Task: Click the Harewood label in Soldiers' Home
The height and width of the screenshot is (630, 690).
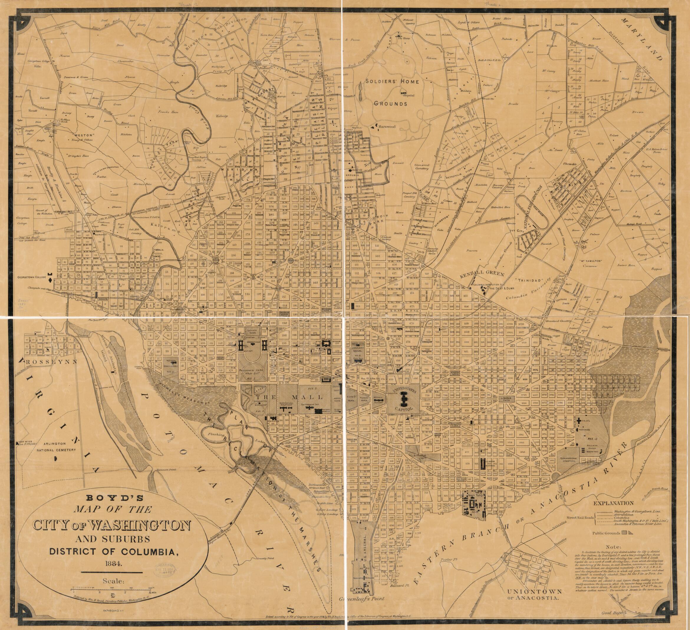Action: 387,126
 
